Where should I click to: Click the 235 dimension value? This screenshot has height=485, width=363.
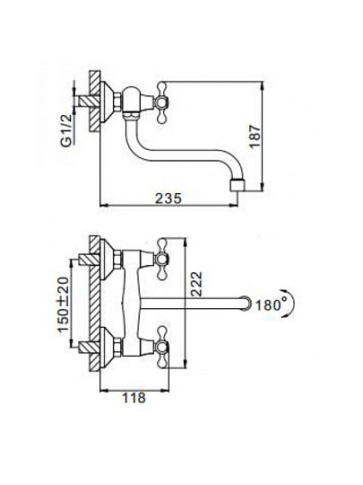point(169,198)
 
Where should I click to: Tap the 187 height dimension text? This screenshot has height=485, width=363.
point(255,137)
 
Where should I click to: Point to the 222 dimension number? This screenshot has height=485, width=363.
point(196,284)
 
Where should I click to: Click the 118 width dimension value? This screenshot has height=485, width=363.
point(134,398)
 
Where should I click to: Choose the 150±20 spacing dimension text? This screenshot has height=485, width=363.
point(65,304)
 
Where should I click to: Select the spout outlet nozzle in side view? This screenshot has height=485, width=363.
point(238,185)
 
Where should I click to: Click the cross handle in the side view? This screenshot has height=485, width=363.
point(162,101)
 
